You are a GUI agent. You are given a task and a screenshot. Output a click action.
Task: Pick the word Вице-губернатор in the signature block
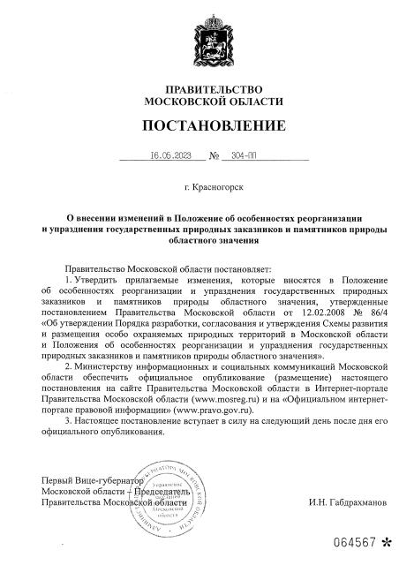point(102,480)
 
